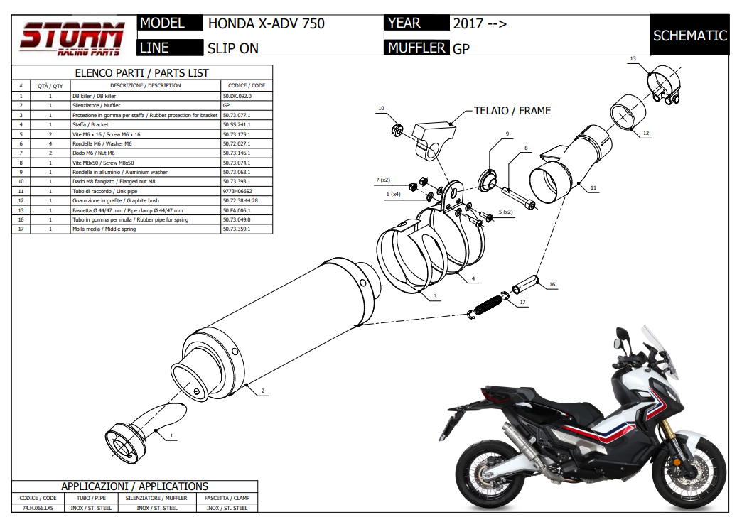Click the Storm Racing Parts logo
(x=72, y=38)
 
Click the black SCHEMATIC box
(x=689, y=36)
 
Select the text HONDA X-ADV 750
(x=267, y=23)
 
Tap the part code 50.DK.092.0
(x=237, y=95)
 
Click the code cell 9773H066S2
(x=237, y=191)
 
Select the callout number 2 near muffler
(x=262, y=391)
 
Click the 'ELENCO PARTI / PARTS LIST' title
(x=142, y=73)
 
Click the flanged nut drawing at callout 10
(x=397, y=130)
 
